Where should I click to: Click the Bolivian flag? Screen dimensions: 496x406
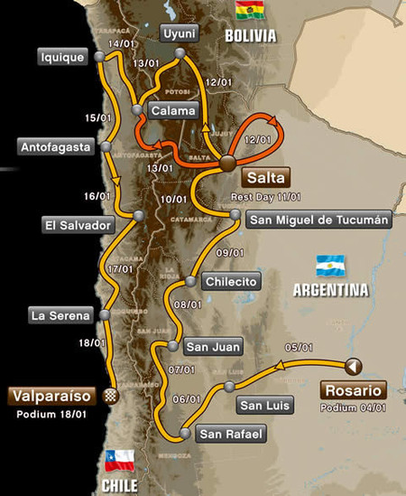tap(246, 11)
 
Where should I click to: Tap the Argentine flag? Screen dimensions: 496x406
tap(330, 266)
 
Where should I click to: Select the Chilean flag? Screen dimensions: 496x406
tap(119, 460)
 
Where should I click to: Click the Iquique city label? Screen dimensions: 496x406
tap(62, 57)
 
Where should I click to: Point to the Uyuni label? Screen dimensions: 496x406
tap(179, 34)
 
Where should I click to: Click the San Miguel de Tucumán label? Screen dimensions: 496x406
tap(318, 220)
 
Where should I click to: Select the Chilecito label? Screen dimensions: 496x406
tap(230, 281)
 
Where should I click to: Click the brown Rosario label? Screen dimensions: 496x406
tap(353, 390)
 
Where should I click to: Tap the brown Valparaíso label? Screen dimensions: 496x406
tap(51, 396)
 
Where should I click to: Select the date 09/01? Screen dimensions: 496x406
tap(228, 251)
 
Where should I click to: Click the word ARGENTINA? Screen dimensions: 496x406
tap(330, 291)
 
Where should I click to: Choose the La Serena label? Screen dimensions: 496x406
tap(60, 316)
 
